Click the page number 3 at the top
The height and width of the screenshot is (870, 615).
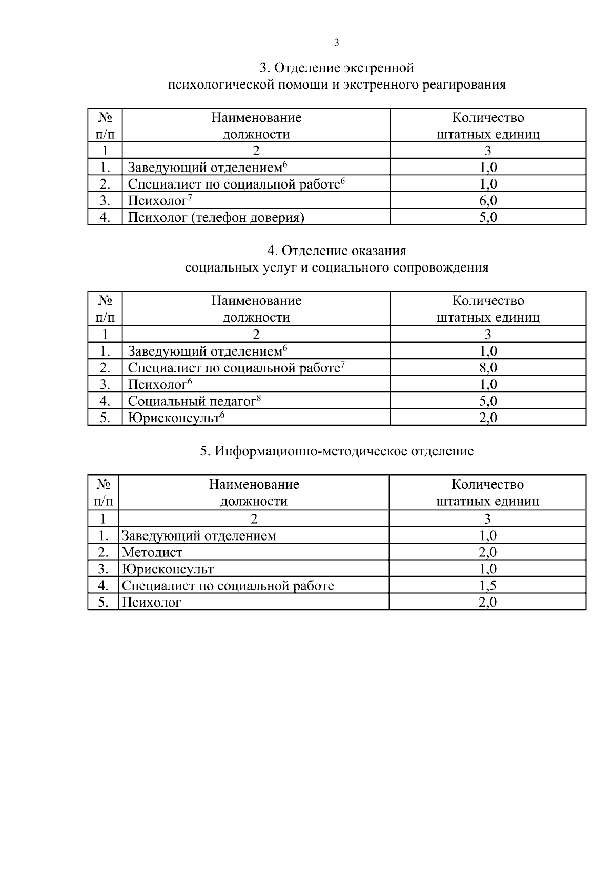tap(337, 43)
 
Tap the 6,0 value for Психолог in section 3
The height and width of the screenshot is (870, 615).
tap(488, 201)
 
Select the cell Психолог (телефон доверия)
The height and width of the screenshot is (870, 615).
tap(216, 218)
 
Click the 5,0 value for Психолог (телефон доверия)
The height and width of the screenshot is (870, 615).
tap(488, 218)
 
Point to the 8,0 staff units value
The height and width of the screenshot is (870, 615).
tap(488, 368)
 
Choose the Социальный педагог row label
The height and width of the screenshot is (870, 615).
tap(192, 401)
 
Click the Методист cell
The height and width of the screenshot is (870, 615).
tap(152, 552)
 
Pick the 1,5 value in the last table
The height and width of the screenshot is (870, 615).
tap(487, 586)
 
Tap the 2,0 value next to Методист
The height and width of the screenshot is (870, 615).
tap(487, 552)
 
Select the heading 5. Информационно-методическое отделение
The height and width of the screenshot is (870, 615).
tap(337, 451)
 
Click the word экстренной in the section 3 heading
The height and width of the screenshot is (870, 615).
tap(379, 68)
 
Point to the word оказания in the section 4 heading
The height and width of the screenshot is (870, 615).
tap(379, 251)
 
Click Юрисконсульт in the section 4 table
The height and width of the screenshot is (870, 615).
tap(174, 418)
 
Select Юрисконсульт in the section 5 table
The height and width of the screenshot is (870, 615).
tap(168, 569)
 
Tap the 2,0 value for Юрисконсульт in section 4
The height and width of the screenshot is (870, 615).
tap(488, 418)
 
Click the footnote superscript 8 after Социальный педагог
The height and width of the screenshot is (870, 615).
tap(259, 398)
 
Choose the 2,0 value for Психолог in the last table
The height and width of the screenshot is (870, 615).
tap(487, 603)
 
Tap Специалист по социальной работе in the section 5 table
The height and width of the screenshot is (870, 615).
tap(228, 586)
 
